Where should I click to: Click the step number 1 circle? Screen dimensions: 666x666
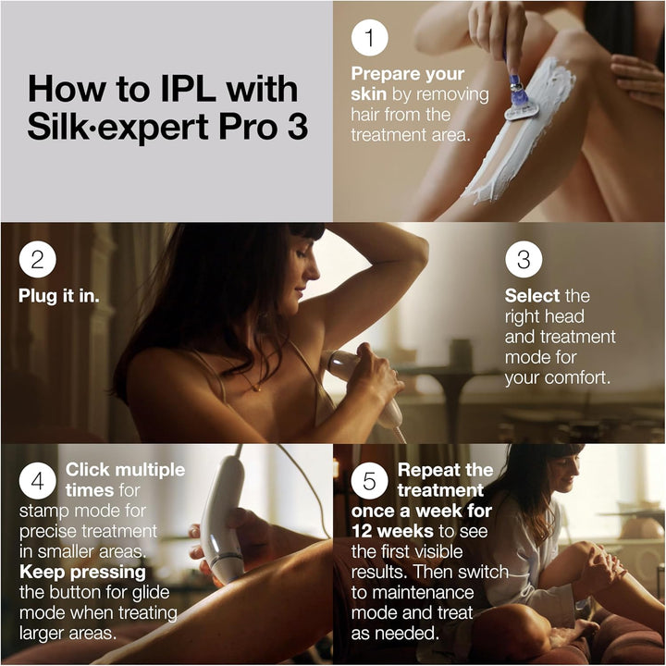[x=369, y=38]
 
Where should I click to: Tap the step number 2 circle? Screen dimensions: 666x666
[x=37, y=260]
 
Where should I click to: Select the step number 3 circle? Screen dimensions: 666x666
[x=524, y=260]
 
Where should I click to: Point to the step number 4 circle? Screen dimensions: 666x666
[x=37, y=481]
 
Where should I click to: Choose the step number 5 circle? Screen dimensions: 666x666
[x=369, y=481]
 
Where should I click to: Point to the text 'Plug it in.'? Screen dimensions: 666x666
[x=60, y=296]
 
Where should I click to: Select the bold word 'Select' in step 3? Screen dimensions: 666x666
[x=532, y=296]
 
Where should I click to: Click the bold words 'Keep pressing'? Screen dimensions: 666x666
[x=76, y=572]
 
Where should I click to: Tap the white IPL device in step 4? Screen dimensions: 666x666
[x=223, y=518]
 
